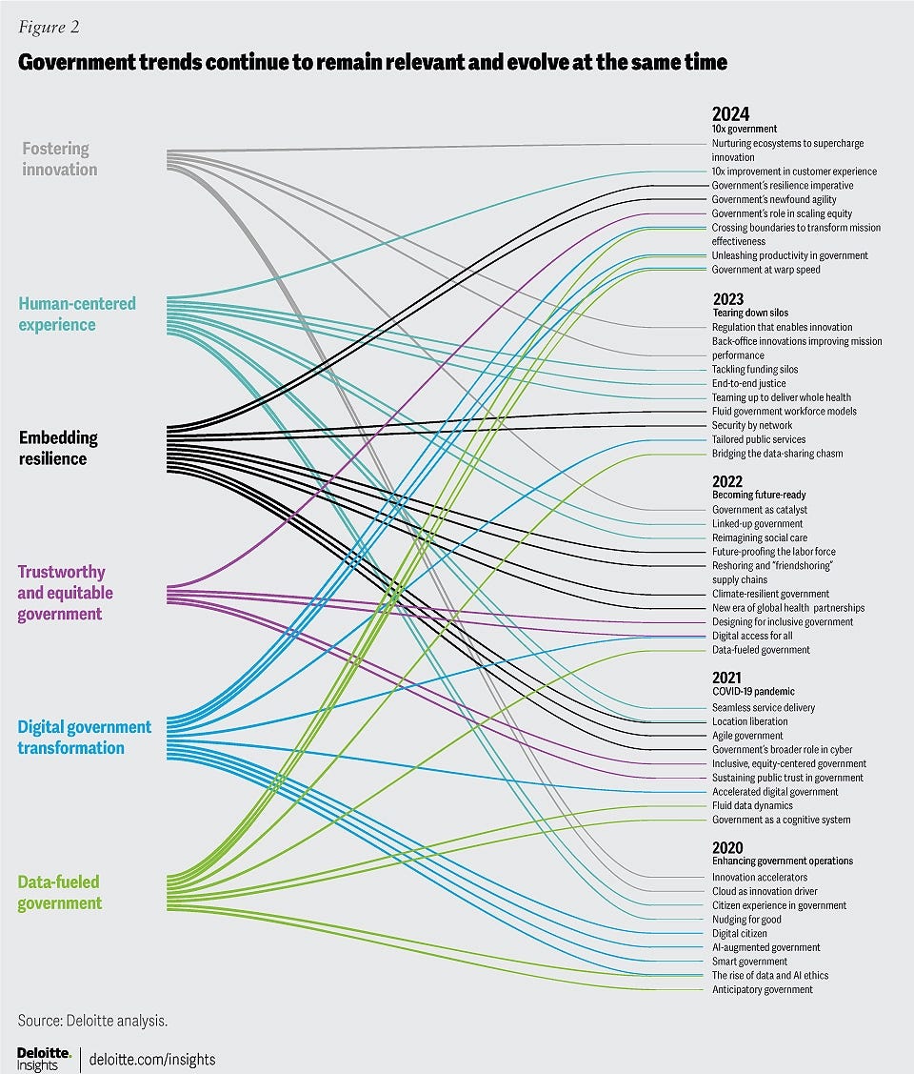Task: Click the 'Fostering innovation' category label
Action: point(58,159)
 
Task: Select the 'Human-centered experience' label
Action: point(77,314)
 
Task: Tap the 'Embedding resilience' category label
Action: point(58,448)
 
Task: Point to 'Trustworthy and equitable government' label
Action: point(65,593)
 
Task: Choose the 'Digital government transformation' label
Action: point(84,738)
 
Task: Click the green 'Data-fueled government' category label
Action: point(59,892)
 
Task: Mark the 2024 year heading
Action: point(730,113)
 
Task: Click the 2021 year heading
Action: point(727,678)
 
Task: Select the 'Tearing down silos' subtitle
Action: point(750,313)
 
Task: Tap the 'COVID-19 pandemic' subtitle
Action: point(753,691)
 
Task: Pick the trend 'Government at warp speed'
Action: point(765,270)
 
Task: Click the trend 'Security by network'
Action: point(752,425)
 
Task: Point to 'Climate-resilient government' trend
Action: point(770,594)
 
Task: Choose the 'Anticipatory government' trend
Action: point(762,989)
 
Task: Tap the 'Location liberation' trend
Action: point(749,721)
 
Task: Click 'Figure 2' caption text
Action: point(49,27)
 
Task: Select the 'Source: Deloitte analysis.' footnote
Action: point(92,1021)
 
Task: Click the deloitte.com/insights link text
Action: point(152,1059)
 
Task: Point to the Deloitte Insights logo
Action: point(43,1058)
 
